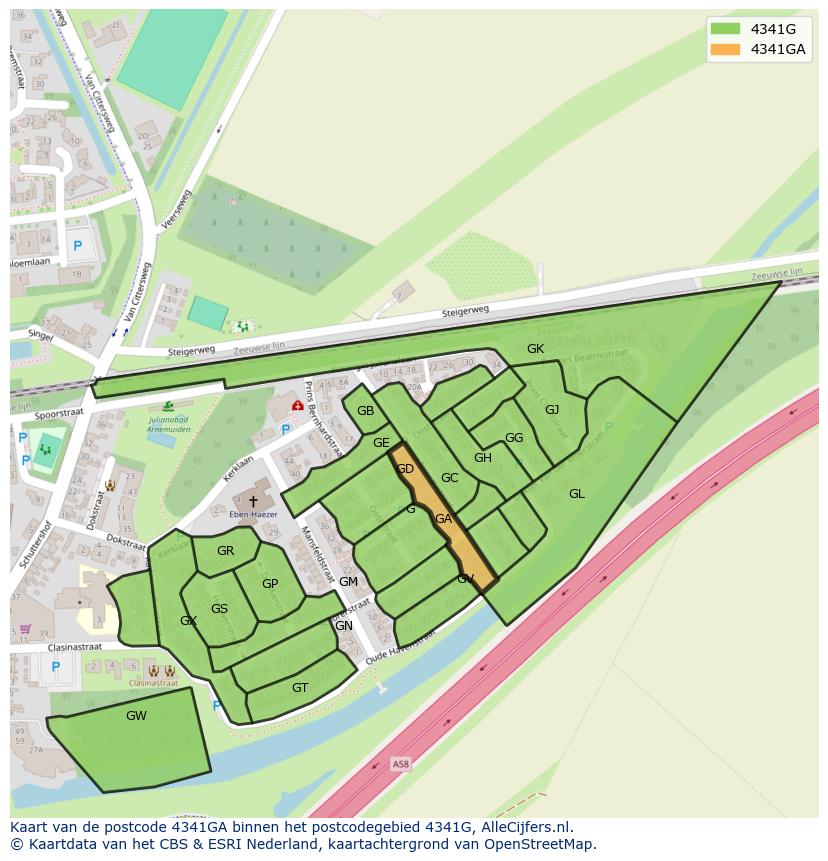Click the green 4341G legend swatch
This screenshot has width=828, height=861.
point(727,29)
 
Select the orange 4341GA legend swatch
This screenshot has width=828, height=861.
point(727,49)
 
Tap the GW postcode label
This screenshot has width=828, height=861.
point(136,716)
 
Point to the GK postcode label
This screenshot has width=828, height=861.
point(535,349)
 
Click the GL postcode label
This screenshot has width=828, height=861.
point(577,494)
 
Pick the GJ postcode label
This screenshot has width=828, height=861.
point(552,409)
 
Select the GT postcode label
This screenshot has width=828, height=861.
point(300,687)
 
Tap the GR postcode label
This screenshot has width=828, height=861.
point(225,551)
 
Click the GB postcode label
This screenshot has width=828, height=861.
point(365,411)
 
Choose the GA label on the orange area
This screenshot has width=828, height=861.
point(443,519)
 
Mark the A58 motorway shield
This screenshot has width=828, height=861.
point(401,764)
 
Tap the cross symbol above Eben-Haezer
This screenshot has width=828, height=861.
point(253,501)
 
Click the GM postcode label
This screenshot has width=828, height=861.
point(348,582)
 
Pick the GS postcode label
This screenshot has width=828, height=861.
point(219,609)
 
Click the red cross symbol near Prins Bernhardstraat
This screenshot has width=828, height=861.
point(297,406)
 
